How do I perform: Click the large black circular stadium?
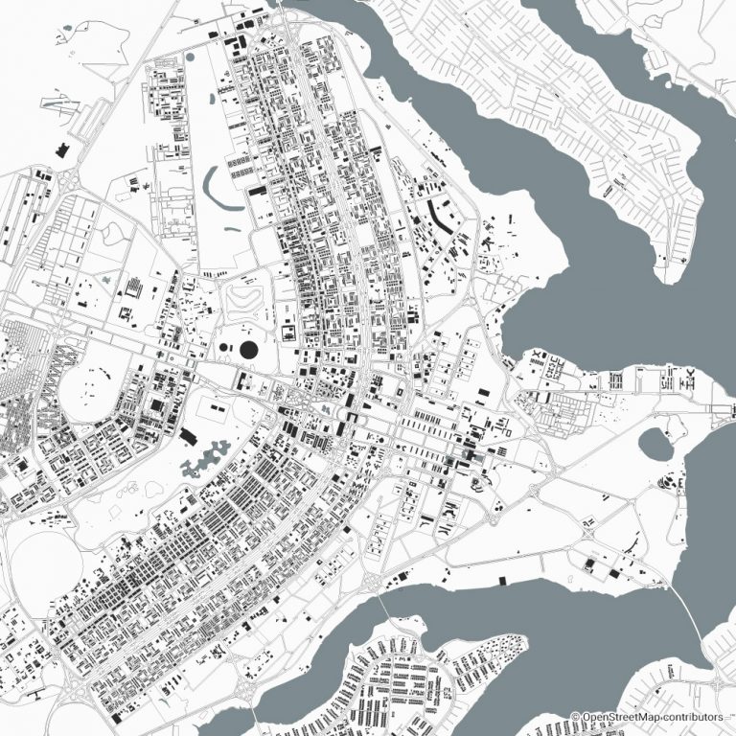249,352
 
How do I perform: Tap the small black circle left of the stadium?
223,347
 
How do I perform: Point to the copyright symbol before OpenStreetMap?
576,717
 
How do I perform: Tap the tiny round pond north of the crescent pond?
190,57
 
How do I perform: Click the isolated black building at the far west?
63,149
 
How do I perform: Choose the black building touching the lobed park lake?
187,437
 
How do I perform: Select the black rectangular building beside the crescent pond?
256,192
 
